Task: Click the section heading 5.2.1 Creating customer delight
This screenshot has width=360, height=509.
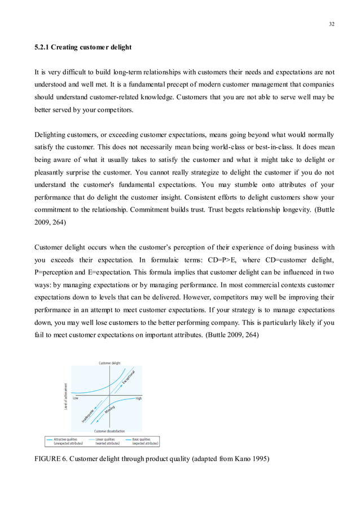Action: click(x=83, y=47)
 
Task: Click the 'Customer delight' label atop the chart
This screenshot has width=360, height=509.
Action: click(x=109, y=363)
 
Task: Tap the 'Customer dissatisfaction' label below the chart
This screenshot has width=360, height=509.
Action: click(x=109, y=431)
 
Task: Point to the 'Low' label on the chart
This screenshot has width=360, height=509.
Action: click(x=76, y=398)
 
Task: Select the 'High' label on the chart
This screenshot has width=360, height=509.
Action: click(x=138, y=398)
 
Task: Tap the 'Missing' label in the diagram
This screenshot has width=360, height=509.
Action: click(x=109, y=409)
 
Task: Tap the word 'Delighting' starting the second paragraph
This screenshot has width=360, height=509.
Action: click(x=52, y=135)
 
